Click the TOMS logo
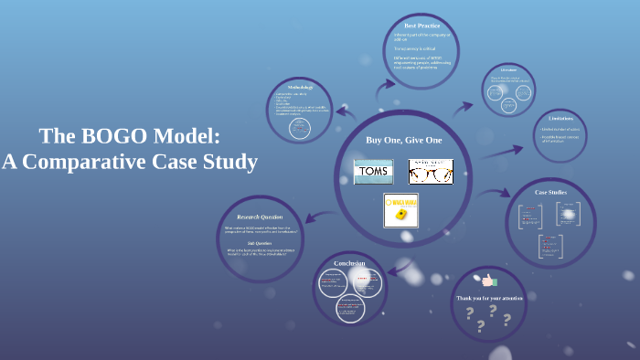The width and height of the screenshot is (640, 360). click(373, 171)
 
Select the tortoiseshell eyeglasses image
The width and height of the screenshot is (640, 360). click(430, 171)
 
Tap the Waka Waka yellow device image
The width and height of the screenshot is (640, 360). click(400, 210)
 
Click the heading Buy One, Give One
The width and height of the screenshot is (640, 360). click(403, 140)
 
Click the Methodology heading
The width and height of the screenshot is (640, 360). click(301, 87)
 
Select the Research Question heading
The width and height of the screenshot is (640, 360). click(260, 217)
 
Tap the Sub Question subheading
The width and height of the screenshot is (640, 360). click(260, 243)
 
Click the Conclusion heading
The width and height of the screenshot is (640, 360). click(349, 263)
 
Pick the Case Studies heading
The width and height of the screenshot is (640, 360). click(551, 193)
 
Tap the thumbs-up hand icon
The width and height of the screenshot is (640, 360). click(490, 281)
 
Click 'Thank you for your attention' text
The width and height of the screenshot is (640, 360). click(489, 298)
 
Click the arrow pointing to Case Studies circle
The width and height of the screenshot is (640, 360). click(497, 193)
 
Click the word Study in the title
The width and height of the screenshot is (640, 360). click(232, 163)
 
